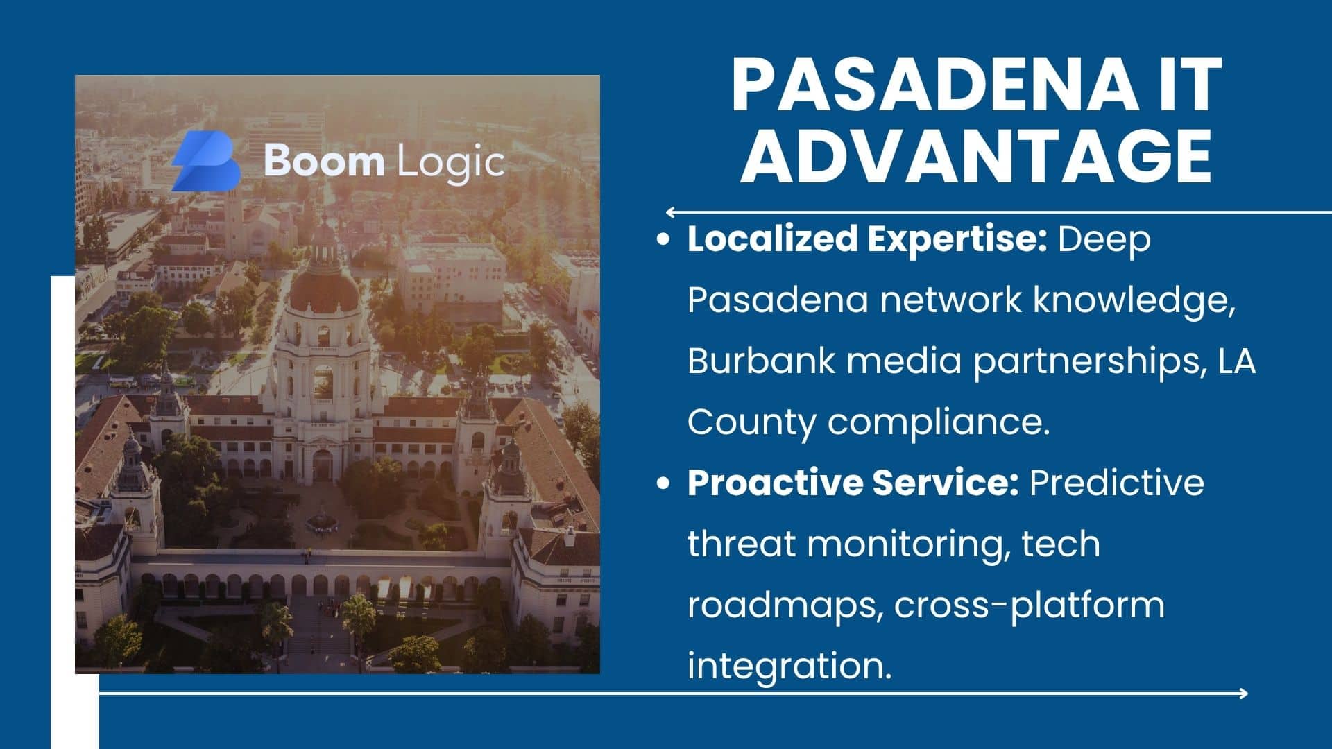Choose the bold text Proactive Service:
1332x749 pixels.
pos(853,483)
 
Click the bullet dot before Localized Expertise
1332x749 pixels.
pos(664,240)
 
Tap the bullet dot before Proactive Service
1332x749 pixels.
pos(664,483)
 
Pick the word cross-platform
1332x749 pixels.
pos(1030,605)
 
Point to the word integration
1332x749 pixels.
pos(789,666)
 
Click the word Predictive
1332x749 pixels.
pos(1117,483)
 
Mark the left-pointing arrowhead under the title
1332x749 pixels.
pos(671,212)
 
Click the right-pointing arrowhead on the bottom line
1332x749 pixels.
pos(1243,693)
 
